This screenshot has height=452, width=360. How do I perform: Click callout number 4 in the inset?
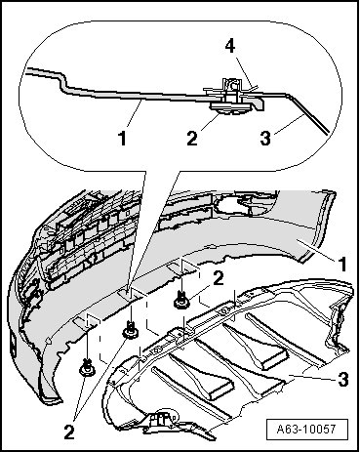tap(230, 47)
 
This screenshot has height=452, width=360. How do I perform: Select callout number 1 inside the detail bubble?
tap(122, 138)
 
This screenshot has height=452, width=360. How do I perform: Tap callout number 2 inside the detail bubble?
tap(192, 138)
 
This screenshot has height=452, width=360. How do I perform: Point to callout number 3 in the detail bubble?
tap(265, 138)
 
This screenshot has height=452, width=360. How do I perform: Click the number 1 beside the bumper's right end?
tap(341, 265)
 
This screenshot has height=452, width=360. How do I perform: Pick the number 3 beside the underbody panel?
tap(343, 380)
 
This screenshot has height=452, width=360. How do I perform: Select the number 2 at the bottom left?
tap(69, 432)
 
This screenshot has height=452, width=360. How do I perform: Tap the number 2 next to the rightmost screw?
tap(219, 279)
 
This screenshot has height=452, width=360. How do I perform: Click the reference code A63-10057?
tap(306, 429)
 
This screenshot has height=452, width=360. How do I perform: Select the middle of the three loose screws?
tap(130, 329)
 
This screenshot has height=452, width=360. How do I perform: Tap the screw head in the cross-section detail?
tap(230, 108)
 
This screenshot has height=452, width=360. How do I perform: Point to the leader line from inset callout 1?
tap(135, 113)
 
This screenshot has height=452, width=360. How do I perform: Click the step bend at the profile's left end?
tap(62, 81)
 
